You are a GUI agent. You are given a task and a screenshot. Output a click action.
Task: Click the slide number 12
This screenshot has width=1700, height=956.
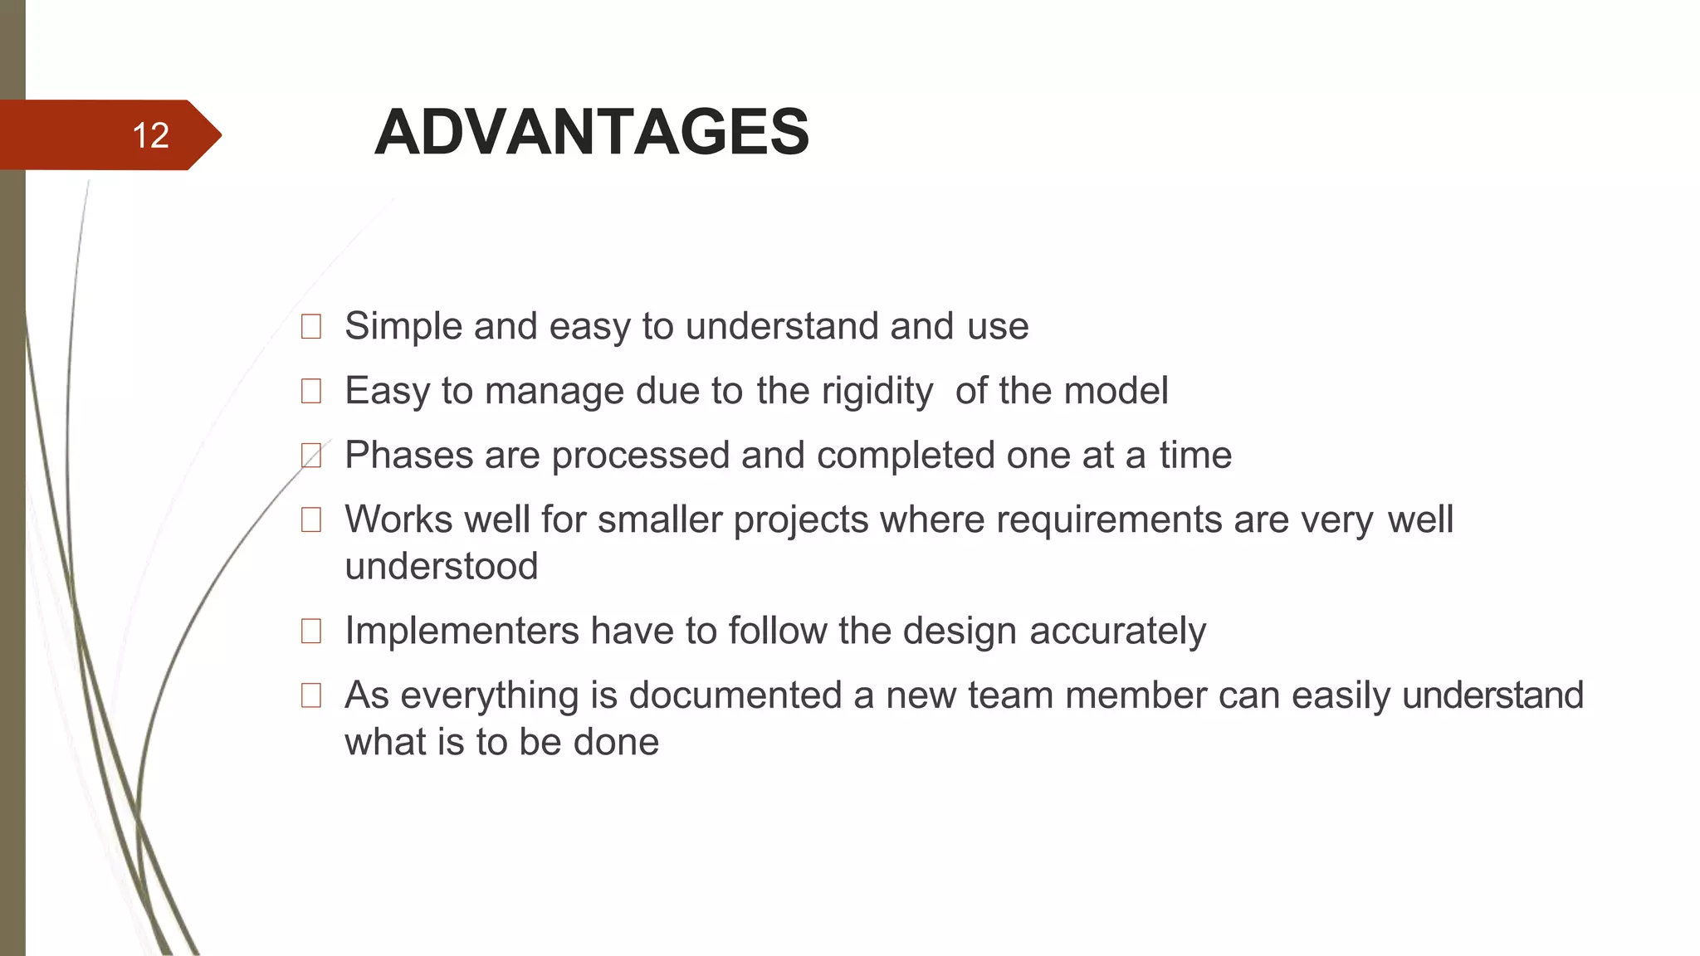click(x=150, y=135)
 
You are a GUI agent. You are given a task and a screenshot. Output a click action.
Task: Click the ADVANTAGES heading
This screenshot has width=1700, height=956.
click(x=591, y=132)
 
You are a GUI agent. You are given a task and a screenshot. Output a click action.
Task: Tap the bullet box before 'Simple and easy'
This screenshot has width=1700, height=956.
click(x=311, y=327)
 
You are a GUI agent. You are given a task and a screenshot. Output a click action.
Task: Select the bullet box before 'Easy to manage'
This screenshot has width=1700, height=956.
click(x=311, y=391)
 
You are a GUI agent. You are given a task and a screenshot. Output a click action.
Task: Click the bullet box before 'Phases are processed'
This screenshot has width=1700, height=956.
click(x=311, y=456)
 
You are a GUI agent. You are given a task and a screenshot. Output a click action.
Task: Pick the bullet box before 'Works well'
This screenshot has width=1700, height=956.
click(x=311, y=520)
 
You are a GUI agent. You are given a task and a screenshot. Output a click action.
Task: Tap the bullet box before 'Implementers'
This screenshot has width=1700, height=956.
click(x=311, y=632)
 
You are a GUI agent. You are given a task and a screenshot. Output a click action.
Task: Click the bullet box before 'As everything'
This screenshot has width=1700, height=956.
click(x=311, y=695)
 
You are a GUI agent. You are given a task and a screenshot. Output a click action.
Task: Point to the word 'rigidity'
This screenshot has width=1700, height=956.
click(x=877, y=391)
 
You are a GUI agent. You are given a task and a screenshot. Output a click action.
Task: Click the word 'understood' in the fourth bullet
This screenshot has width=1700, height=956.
click(x=441, y=567)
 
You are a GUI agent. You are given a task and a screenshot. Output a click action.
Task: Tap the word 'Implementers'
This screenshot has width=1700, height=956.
click(x=462, y=631)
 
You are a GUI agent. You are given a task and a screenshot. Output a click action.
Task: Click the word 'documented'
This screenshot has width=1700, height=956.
click(x=735, y=695)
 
